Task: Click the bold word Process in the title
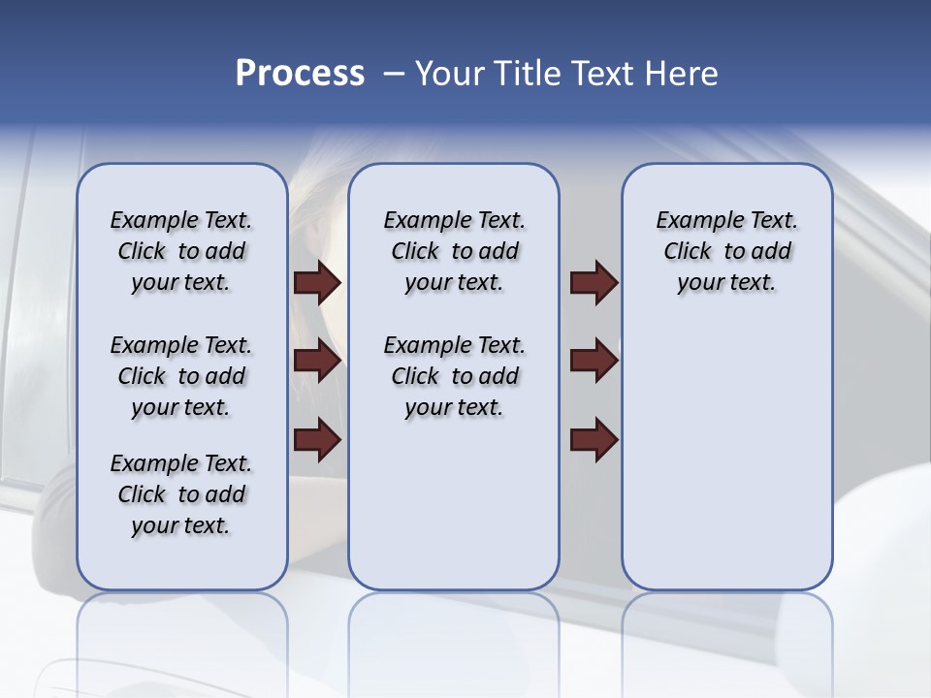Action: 300,74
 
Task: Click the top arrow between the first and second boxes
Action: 317,282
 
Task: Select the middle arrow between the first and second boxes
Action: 317,361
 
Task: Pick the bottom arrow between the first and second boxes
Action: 317,439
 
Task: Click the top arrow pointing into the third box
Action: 594,282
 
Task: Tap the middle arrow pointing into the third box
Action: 594,361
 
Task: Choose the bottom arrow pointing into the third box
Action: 594,439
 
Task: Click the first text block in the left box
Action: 181,251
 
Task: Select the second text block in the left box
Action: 181,376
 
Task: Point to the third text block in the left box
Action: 181,494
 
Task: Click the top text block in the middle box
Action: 454,251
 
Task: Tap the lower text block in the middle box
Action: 454,376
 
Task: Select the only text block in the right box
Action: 726,251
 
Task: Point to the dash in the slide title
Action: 394,74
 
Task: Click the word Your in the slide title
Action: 449,74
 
